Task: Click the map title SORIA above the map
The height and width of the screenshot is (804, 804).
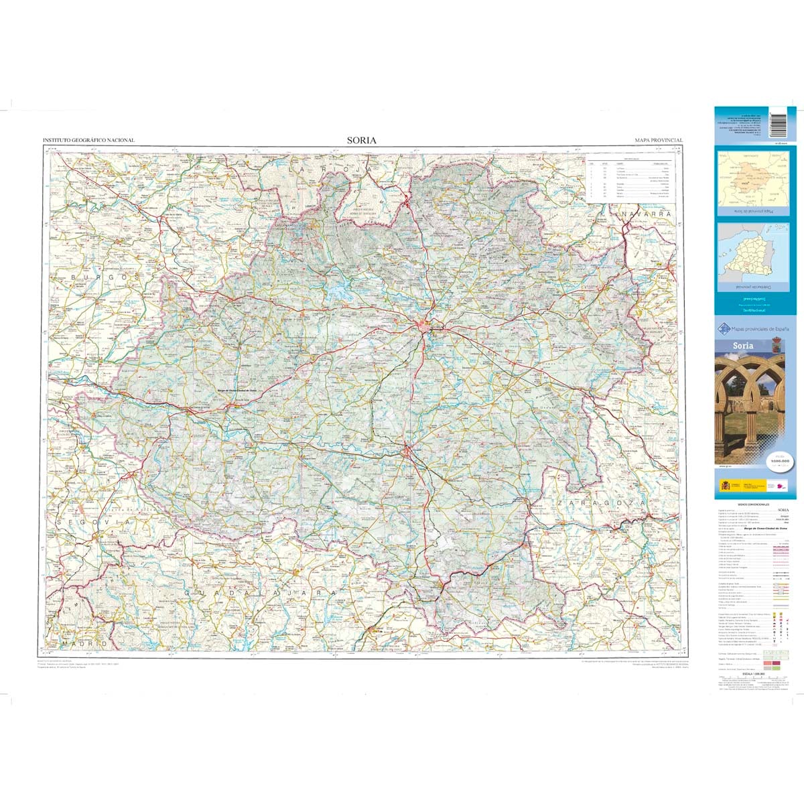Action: pos(362,140)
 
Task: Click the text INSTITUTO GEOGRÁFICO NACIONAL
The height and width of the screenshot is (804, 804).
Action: pos(88,141)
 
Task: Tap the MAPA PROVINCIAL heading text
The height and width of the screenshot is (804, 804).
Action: pos(659,141)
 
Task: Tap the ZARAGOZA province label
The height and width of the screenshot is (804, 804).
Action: pos(600,502)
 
